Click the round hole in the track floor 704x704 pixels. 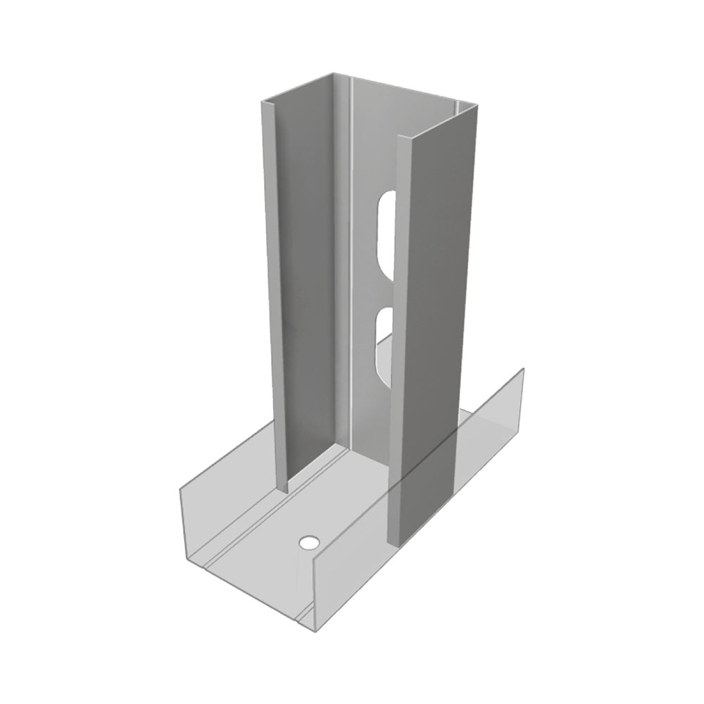308,543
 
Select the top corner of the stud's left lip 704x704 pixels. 263,101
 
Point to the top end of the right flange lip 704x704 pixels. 402,137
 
